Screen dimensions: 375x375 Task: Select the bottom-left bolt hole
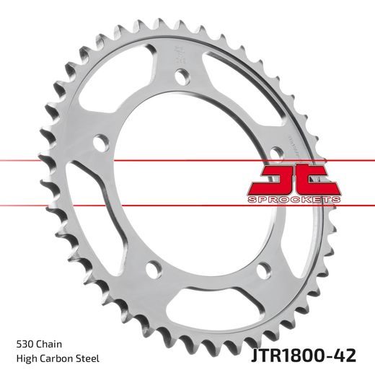pyautogui.click(x=151, y=269)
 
